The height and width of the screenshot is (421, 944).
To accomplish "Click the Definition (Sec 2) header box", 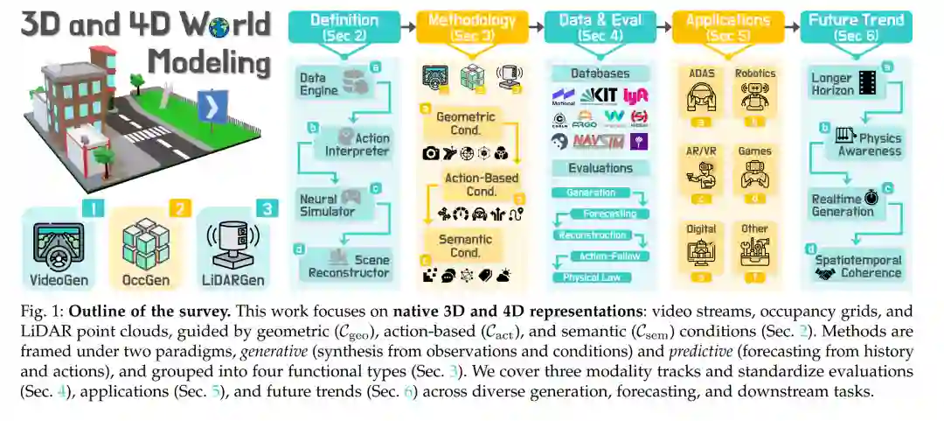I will [344, 27].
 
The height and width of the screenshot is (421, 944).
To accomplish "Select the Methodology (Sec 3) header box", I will [472, 27].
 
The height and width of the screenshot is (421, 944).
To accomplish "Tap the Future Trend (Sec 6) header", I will [857, 27].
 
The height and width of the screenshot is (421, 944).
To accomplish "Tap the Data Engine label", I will [313, 84].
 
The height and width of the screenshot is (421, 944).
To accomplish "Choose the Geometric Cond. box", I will [465, 123].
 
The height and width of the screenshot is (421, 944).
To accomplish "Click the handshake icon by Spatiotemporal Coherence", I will [824, 274].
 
